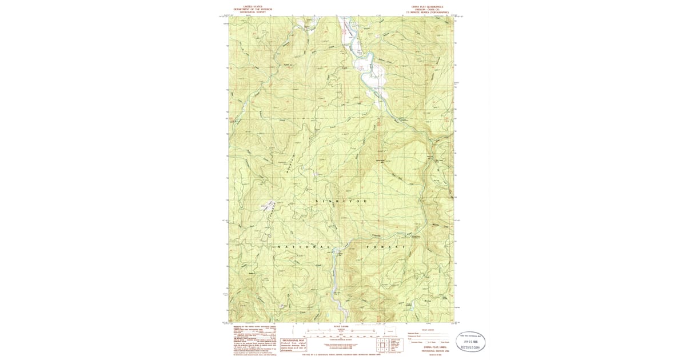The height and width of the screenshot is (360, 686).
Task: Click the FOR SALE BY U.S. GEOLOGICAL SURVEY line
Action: pyautogui.click(x=342, y=355)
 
